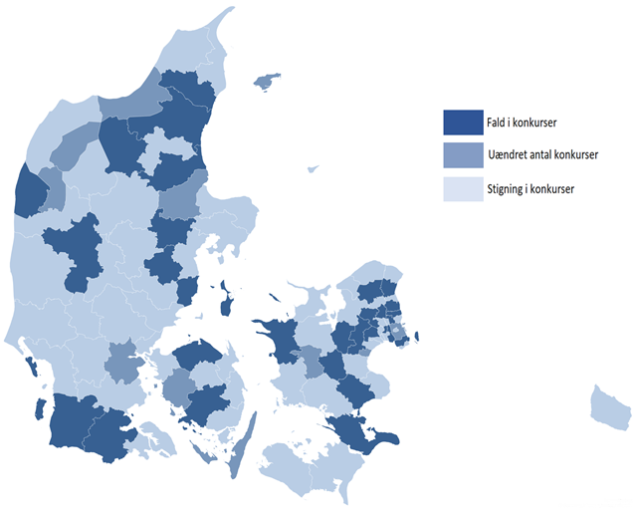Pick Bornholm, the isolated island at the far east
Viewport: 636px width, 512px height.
point(609,405)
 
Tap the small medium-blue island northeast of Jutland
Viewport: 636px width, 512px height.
point(266,81)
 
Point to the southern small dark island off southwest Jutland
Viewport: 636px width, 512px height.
point(40,407)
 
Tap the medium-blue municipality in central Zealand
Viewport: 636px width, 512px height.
point(312,361)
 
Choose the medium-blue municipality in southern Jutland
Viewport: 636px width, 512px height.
point(122,361)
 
